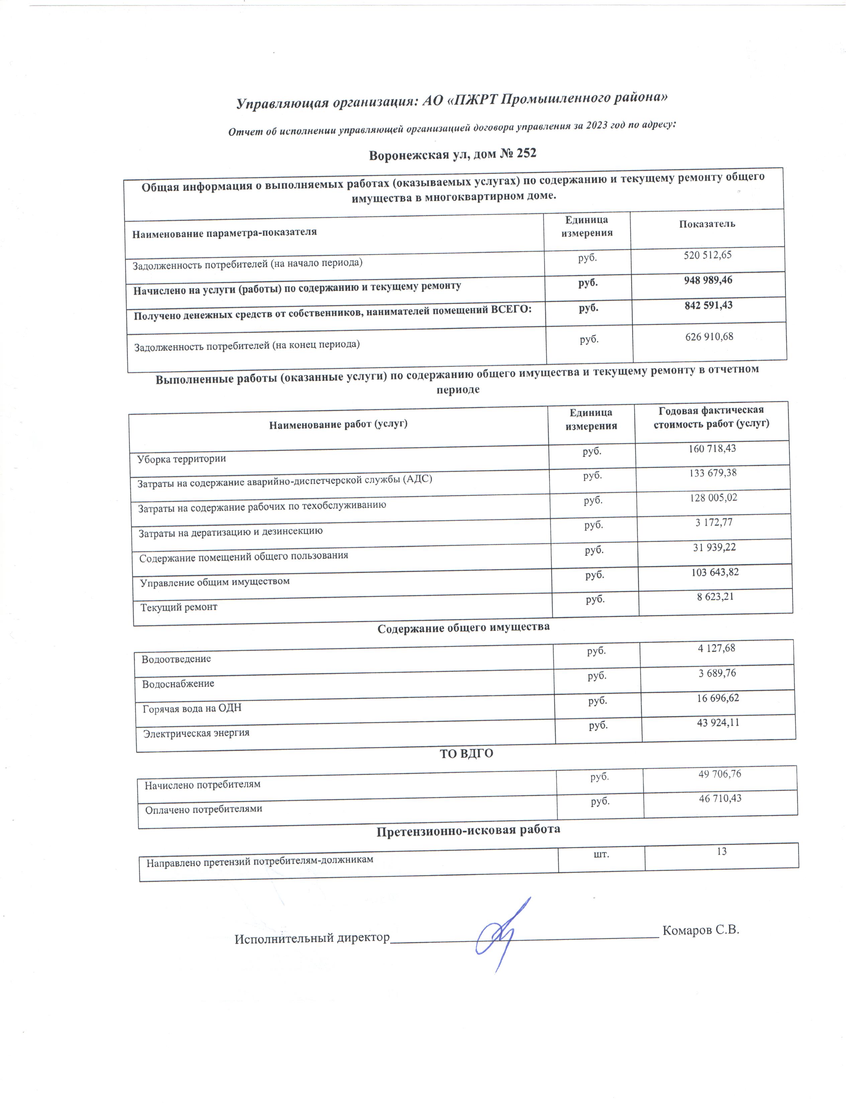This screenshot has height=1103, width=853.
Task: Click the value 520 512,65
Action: pyautogui.click(x=707, y=255)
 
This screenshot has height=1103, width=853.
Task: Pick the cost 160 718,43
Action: pyautogui.click(x=712, y=448)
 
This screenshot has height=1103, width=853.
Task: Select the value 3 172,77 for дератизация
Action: pyautogui.click(x=714, y=522)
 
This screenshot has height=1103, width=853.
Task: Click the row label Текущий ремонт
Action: pyautogui.click(x=179, y=607)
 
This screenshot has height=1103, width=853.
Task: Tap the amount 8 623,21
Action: pyautogui.click(x=715, y=596)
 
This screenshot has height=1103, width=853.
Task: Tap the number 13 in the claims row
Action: pyautogui.click(x=722, y=851)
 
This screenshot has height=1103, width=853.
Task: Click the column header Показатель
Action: pyautogui.click(x=707, y=224)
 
